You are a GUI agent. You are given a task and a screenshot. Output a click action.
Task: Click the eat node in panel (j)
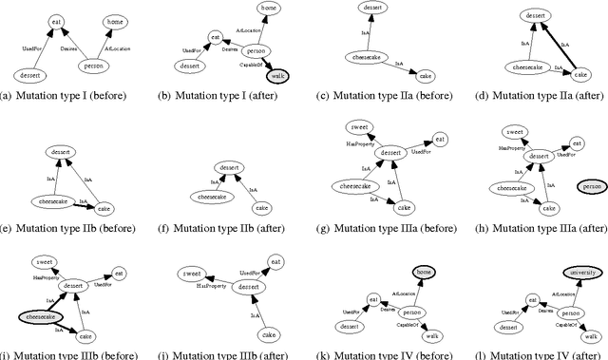pyautogui.click(x=275, y=261)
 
